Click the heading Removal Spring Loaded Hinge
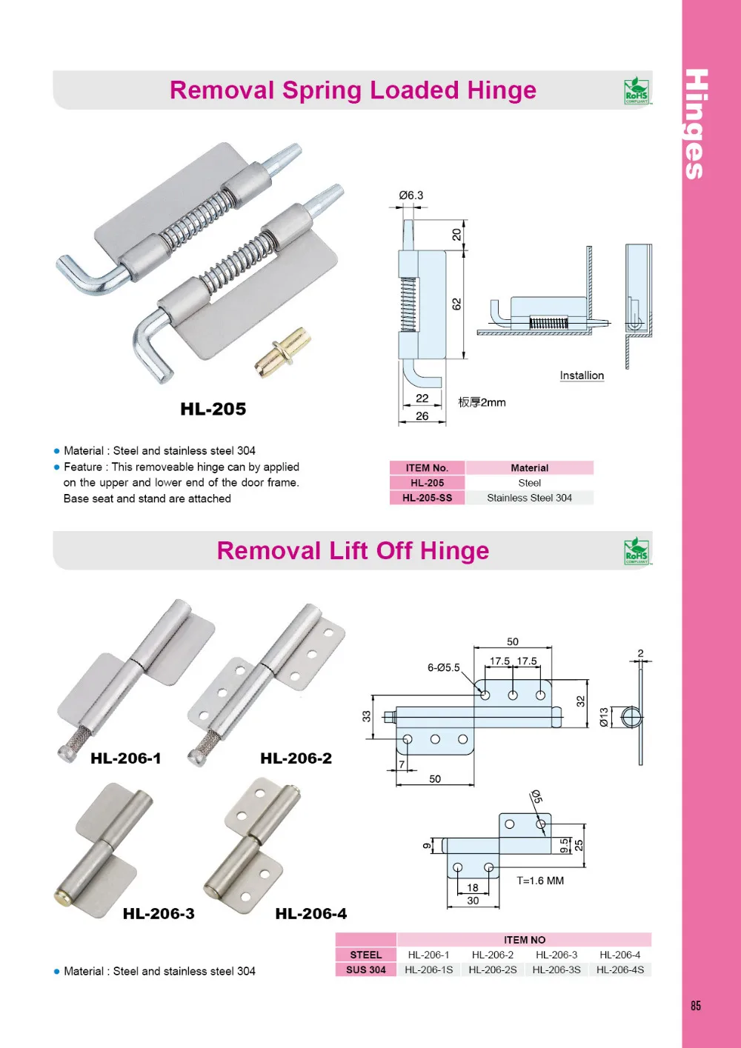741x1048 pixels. coord(353,90)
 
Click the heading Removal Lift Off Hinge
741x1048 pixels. coord(353,551)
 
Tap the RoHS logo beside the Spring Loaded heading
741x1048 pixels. coord(636,91)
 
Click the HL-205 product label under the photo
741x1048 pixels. coord(213,409)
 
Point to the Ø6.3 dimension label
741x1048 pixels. coord(411,196)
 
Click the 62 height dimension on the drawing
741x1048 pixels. coord(456,304)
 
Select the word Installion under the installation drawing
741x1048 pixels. coord(582,376)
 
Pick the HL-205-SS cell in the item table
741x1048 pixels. coord(427,498)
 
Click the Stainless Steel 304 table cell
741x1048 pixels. coord(529,498)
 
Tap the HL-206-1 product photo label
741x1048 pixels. coord(125,758)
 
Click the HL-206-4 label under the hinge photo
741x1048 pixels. coord(310,914)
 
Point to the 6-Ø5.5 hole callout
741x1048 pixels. coord(443,667)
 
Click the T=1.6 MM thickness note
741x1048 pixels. coord(540,881)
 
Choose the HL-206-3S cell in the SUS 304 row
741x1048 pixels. coord(556,969)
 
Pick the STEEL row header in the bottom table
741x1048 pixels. coord(365,955)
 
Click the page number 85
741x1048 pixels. coord(695,1006)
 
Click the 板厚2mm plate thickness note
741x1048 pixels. coord(482,402)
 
